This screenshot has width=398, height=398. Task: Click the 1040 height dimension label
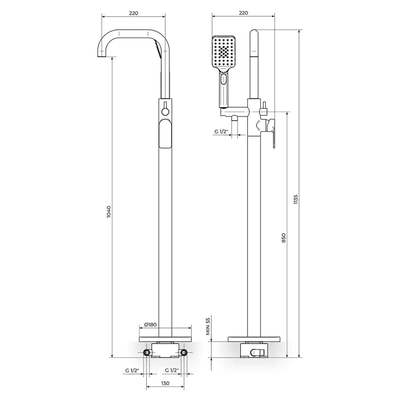pyautogui.click(x=109, y=212)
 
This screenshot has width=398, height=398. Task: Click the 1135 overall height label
pyautogui.click(x=295, y=200)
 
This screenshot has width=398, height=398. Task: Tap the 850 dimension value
pyautogui.click(x=283, y=238)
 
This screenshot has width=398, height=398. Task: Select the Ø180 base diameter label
pyautogui.click(x=150, y=324)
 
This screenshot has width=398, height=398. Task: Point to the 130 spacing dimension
pyautogui.click(x=165, y=383)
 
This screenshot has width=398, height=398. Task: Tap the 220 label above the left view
pyautogui.click(x=133, y=13)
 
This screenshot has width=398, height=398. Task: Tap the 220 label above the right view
pyautogui.click(x=243, y=13)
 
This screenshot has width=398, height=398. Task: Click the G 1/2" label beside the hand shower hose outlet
pyautogui.click(x=221, y=131)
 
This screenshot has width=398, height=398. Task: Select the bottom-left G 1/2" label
pyautogui.click(x=132, y=370)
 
